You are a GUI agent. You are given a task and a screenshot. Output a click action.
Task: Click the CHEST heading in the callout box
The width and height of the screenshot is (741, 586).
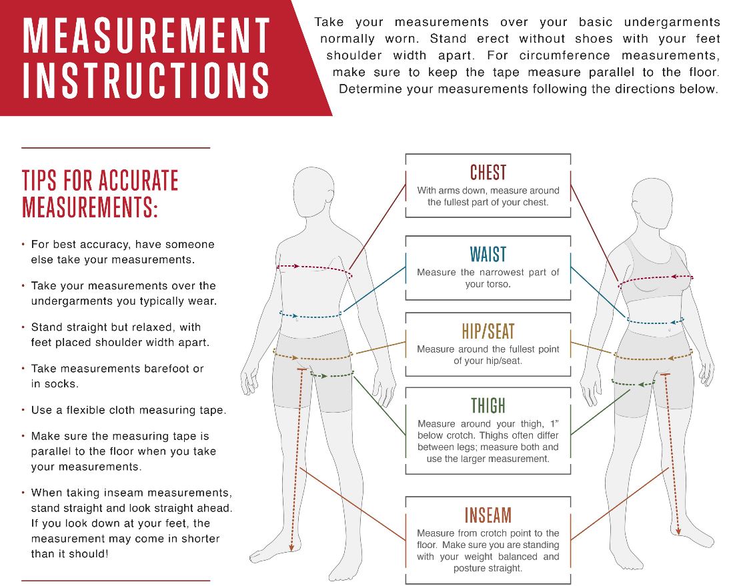[488, 173]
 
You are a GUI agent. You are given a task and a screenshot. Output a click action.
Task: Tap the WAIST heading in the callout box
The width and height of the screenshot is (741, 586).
[488, 255]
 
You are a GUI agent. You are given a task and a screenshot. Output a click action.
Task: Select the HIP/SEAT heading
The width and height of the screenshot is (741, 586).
[488, 331]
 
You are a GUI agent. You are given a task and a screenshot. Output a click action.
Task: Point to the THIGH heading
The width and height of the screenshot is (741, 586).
[488, 406]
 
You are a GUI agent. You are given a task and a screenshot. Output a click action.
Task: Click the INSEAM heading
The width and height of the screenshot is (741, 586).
[488, 515]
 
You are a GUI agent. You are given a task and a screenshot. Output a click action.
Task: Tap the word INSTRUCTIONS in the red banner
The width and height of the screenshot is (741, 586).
[147, 81]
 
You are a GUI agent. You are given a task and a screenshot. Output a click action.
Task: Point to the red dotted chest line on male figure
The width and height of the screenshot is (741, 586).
[313, 269]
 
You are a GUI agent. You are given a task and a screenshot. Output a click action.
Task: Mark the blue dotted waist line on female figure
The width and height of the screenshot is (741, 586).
[656, 322]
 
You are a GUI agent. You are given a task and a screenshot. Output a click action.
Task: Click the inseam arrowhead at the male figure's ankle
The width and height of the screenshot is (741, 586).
[291, 547]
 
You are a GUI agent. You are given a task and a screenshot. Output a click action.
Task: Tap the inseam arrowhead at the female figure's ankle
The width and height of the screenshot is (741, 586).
[678, 532]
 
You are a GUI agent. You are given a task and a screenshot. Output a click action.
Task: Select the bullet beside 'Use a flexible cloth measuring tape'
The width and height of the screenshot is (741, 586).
[23, 410]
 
